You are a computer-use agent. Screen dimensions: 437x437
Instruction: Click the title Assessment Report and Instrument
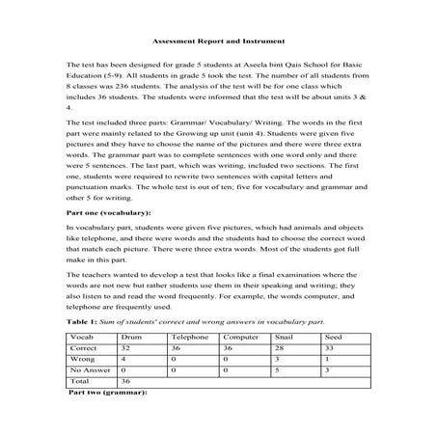217,41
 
